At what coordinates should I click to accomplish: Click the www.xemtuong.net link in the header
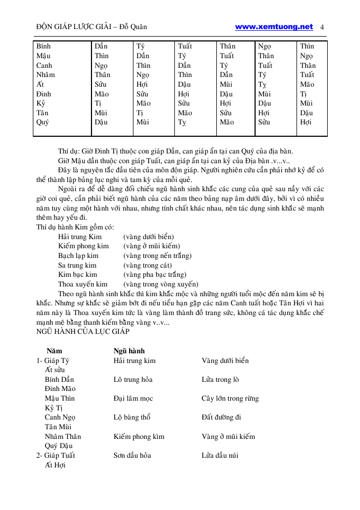tap(274, 26)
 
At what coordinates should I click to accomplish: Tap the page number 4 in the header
tap(322, 27)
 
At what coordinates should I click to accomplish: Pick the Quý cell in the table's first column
tap(43, 122)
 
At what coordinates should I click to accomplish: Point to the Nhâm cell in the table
tap(45, 75)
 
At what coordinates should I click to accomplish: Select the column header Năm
tap(54, 351)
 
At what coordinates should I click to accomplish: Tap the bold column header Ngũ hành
tap(129, 351)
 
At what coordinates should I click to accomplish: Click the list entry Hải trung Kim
tap(80, 237)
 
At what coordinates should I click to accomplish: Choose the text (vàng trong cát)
tap(147, 266)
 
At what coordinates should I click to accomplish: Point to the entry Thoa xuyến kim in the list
tap(82, 284)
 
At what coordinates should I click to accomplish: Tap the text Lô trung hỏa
tap(133, 380)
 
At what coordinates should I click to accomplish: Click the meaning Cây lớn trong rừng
tap(230, 399)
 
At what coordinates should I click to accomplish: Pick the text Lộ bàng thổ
tap(132, 417)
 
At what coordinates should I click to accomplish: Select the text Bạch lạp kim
tap(78, 256)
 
